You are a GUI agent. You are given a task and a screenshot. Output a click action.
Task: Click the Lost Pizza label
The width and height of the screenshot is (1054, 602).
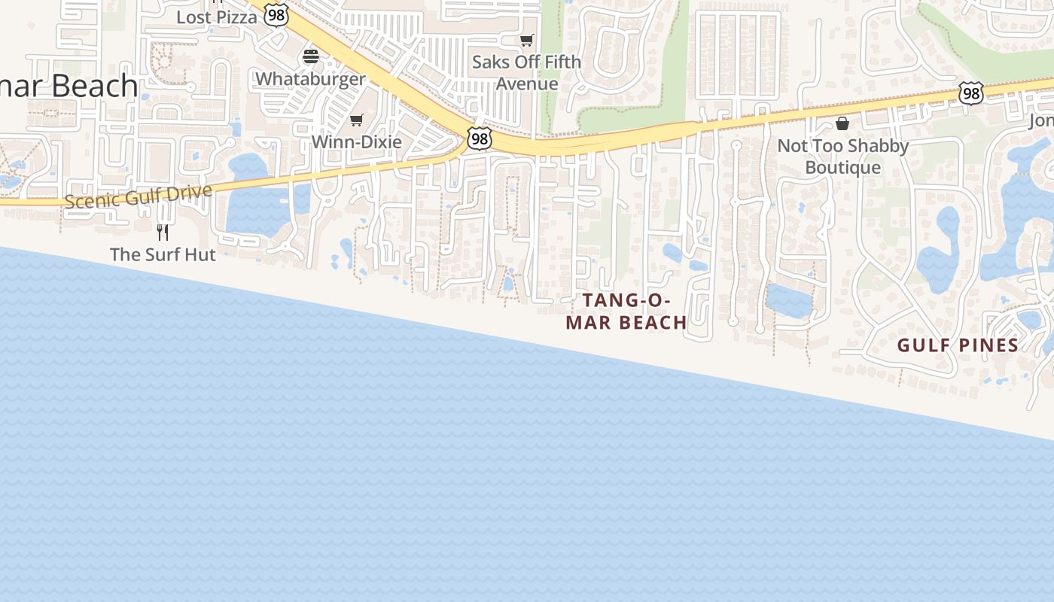(x=217, y=17)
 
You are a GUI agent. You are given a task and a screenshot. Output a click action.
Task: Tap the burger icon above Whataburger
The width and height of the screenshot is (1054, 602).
(x=311, y=56)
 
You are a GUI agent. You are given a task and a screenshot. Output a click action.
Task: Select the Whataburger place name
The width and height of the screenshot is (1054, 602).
(x=310, y=78)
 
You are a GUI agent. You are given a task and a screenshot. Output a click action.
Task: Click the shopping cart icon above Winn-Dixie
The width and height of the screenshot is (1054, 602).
(x=357, y=120)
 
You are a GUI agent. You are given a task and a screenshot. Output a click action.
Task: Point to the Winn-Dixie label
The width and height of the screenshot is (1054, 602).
(x=356, y=141)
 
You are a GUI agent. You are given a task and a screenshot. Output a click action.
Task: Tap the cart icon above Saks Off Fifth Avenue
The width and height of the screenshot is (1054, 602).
(x=527, y=41)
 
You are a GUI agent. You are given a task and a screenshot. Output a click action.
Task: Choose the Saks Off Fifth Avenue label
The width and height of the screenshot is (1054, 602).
(x=527, y=72)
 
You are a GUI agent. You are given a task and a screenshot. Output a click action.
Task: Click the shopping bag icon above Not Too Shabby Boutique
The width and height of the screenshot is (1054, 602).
(x=842, y=123)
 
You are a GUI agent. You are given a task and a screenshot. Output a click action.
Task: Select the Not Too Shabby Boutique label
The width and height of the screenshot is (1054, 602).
(x=842, y=156)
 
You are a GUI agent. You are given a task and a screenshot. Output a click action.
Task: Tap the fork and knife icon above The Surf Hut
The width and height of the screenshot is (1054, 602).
(x=163, y=232)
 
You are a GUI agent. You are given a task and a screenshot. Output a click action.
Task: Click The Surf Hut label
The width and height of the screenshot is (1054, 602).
(x=163, y=254)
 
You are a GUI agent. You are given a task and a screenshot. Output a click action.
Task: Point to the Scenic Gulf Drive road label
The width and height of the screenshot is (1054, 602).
(x=138, y=197)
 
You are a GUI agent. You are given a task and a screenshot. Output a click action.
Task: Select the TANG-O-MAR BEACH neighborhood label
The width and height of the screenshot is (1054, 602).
(x=626, y=311)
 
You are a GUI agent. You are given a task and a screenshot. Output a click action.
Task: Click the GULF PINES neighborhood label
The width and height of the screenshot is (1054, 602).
(x=958, y=345)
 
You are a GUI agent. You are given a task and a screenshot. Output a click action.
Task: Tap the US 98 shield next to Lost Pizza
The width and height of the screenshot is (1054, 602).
(x=276, y=15)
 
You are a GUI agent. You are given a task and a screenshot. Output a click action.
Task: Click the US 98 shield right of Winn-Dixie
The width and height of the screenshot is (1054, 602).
(x=479, y=138)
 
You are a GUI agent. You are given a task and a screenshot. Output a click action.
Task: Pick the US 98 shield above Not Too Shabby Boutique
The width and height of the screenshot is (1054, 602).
(x=971, y=93)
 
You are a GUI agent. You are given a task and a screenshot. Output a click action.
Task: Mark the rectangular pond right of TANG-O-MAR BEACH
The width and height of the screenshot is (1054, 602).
(x=789, y=300)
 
